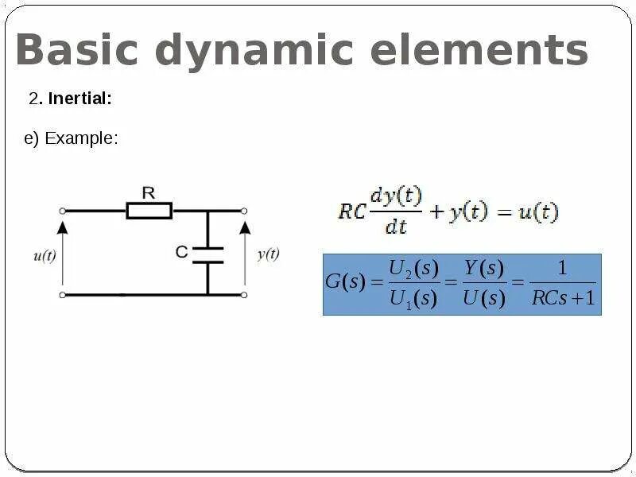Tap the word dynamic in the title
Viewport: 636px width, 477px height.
254,51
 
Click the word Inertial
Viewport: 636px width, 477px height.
79,99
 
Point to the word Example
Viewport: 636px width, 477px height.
81,138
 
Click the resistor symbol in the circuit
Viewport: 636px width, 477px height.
149,211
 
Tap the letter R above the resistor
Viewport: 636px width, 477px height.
148,192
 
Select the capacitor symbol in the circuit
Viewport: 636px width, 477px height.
208,254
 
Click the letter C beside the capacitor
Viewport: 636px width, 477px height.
182,253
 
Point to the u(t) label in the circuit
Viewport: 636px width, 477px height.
45,256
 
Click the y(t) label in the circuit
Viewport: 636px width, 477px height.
268,254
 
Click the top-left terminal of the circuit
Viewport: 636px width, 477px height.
63,211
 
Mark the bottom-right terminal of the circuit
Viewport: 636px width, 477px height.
244,295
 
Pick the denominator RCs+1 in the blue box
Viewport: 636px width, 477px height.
563,299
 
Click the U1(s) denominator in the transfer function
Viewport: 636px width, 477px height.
413,299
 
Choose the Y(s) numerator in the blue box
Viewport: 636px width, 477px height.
484,269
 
